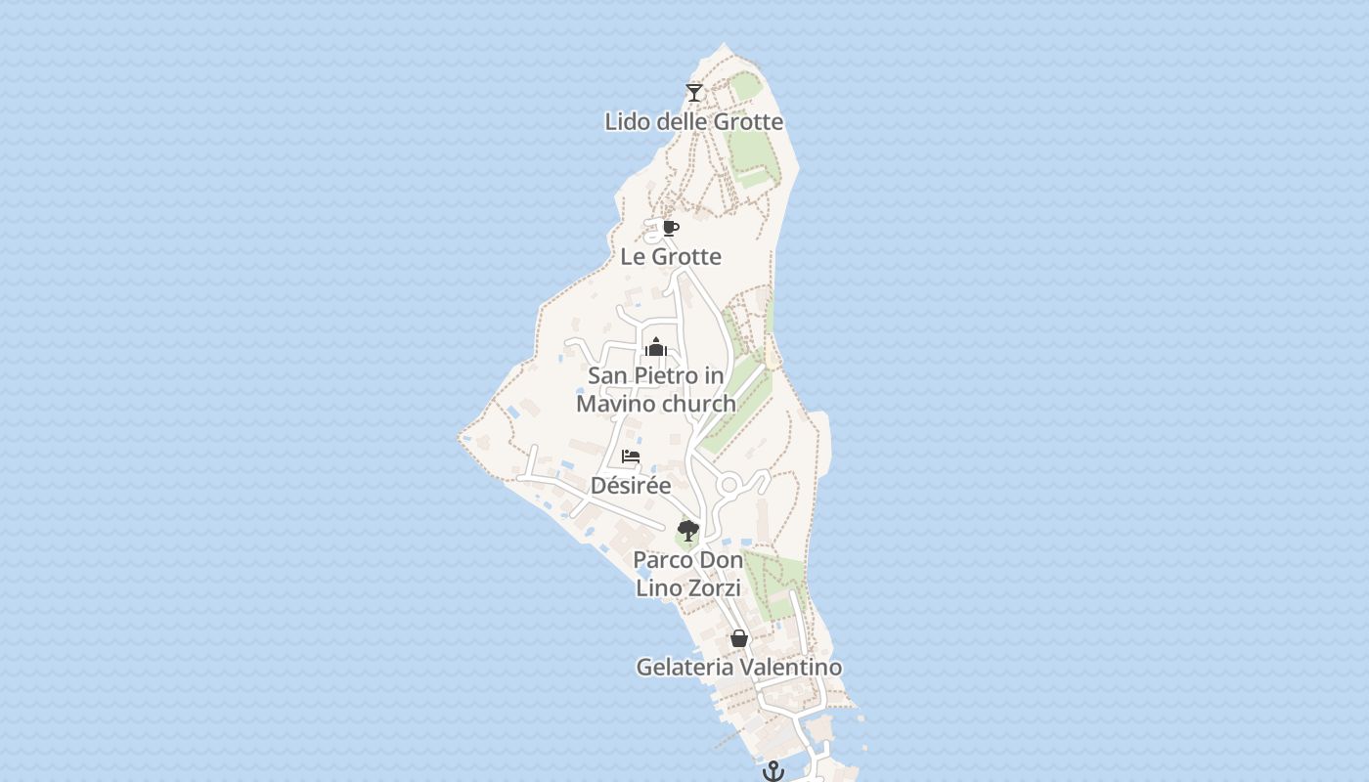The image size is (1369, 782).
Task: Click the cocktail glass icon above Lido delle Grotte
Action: (x=694, y=93)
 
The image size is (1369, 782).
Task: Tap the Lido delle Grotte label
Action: (x=694, y=122)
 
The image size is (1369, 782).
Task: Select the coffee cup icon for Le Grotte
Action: (x=670, y=228)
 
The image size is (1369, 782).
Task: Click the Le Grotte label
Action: (x=671, y=257)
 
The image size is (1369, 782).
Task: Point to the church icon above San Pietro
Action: (x=655, y=347)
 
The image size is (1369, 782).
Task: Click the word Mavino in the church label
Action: (x=617, y=404)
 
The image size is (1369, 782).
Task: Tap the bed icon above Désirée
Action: (x=631, y=456)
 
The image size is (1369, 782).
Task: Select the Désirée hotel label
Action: (x=631, y=486)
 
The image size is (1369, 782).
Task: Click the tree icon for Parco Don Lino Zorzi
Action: (x=688, y=531)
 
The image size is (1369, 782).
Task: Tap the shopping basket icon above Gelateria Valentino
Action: (x=739, y=638)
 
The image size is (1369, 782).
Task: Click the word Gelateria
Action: (x=684, y=668)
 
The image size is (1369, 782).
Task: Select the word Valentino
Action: (x=790, y=668)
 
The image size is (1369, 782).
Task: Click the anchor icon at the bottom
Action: (x=773, y=771)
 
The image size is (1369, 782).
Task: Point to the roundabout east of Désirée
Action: (x=729, y=485)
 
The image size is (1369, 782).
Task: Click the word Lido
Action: (x=626, y=122)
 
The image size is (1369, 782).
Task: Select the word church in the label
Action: (x=698, y=404)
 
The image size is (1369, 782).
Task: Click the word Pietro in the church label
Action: (x=665, y=375)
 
